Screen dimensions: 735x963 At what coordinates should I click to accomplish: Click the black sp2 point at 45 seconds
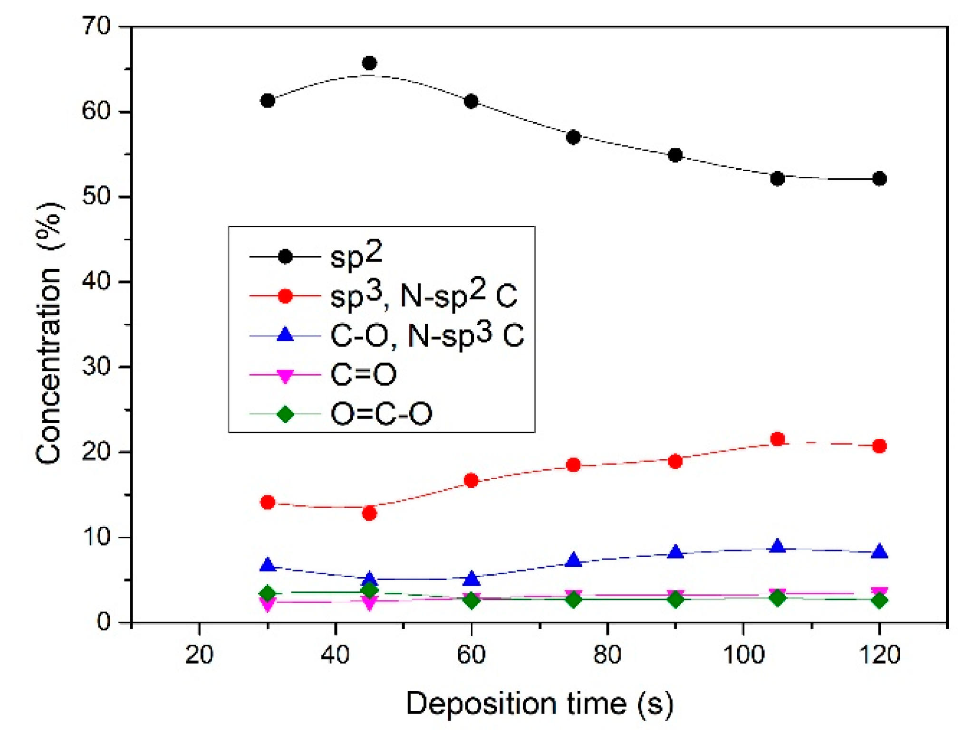(369, 63)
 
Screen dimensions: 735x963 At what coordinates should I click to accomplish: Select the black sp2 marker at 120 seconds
(879, 179)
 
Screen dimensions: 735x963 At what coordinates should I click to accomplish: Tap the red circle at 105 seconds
(777, 439)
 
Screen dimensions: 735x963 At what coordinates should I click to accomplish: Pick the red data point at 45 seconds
(369, 513)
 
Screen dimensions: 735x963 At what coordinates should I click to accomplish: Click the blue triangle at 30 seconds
(268, 565)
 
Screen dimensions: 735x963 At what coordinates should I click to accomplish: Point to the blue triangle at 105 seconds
(777, 546)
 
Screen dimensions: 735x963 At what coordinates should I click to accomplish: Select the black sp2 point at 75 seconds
(573, 137)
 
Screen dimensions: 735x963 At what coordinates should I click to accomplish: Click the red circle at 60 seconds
(471, 480)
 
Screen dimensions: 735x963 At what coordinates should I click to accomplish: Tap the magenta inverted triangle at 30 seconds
(268, 604)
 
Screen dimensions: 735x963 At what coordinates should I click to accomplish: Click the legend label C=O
(363, 375)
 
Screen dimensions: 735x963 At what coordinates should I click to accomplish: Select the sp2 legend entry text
(356, 256)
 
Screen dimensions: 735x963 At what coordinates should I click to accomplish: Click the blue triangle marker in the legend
(285, 335)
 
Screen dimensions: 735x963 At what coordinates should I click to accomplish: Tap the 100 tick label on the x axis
(743, 655)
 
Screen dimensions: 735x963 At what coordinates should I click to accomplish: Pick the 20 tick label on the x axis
(199, 655)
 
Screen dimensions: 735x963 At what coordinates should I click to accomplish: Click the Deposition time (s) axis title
(539, 704)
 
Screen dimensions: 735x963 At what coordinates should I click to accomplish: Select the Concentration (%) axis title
(48, 333)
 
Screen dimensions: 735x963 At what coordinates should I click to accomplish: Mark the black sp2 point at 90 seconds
(675, 155)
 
